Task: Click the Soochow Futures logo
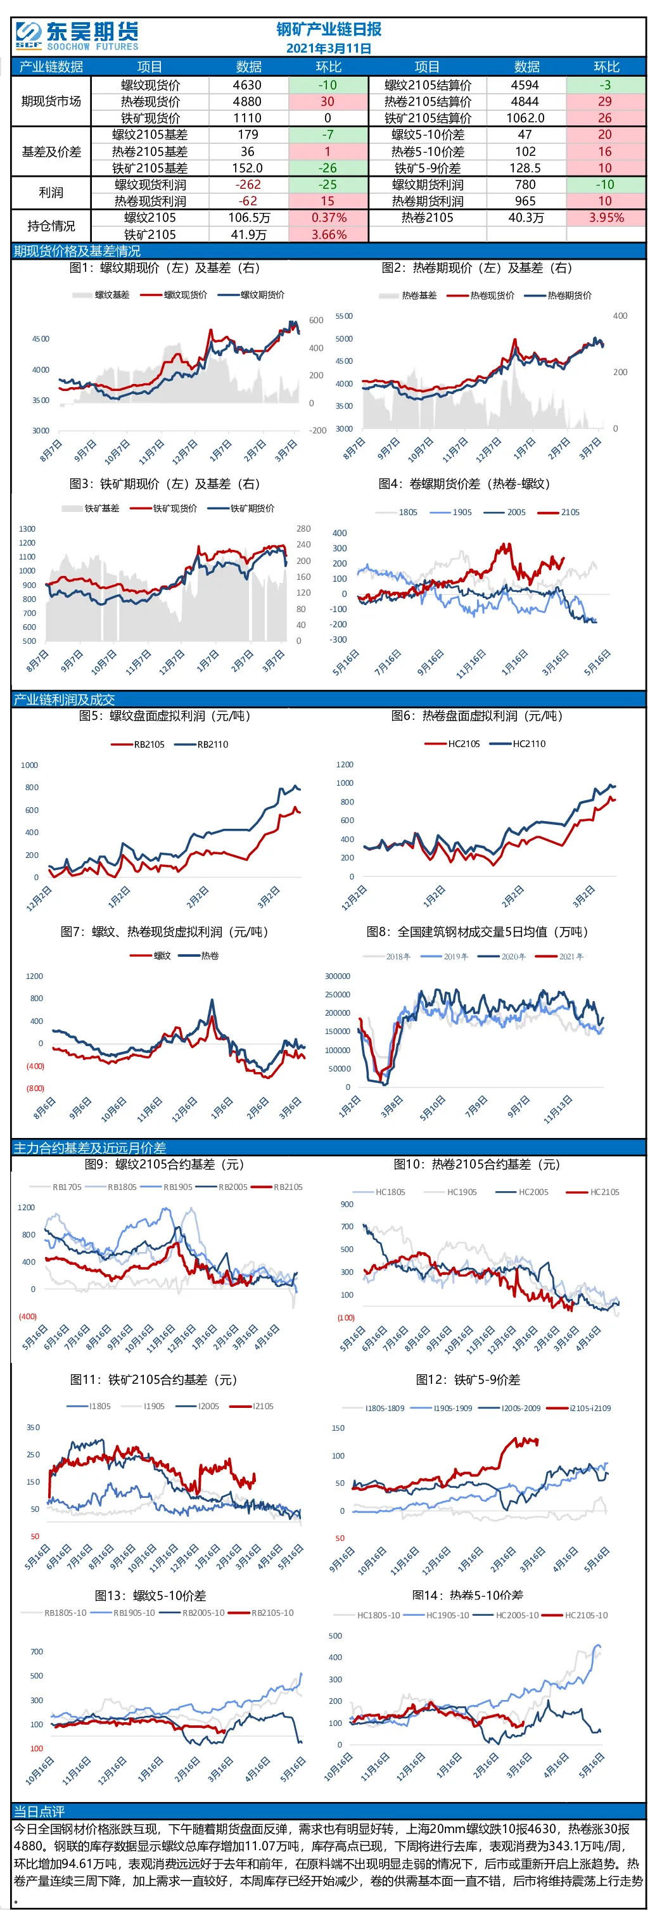77,35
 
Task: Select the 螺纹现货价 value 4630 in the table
247,86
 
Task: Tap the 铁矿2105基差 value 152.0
247,169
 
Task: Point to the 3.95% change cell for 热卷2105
606,218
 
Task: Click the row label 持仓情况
51,226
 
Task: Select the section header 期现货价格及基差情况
77,252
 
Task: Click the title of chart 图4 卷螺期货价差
464,483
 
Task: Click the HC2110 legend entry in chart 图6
518,743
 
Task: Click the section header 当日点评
39,1812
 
